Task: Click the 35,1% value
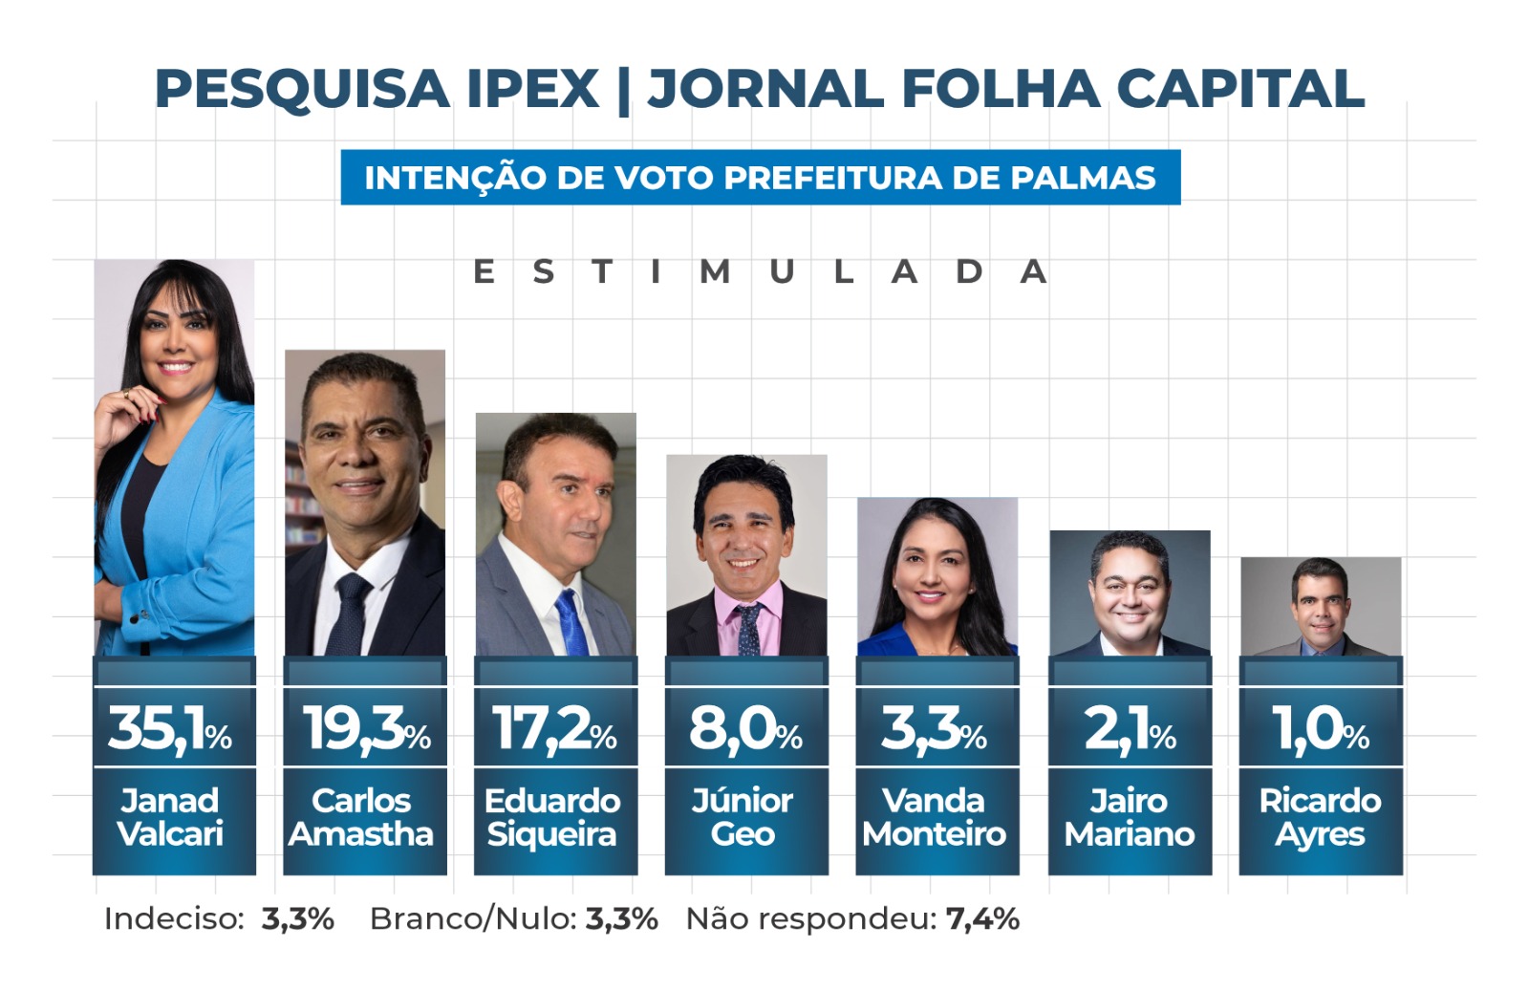tap(170, 729)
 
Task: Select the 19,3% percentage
tap(366, 729)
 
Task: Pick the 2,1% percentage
tap(1130, 729)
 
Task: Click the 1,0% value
tap(1321, 729)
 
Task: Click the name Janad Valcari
tap(170, 817)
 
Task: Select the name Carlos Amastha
tap(361, 817)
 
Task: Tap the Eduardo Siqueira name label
tap(553, 817)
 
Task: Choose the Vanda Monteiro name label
tap(935, 817)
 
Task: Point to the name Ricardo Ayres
tap(1320, 817)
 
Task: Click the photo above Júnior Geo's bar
tap(746, 554)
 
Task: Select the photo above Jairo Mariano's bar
tap(1130, 592)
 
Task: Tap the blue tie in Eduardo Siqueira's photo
tap(572, 621)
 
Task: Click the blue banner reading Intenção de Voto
tap(761, 178)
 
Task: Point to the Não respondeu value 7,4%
tap(982, 919)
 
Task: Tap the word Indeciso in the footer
tap(174, 919)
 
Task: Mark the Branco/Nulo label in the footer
tap(473, 919)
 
